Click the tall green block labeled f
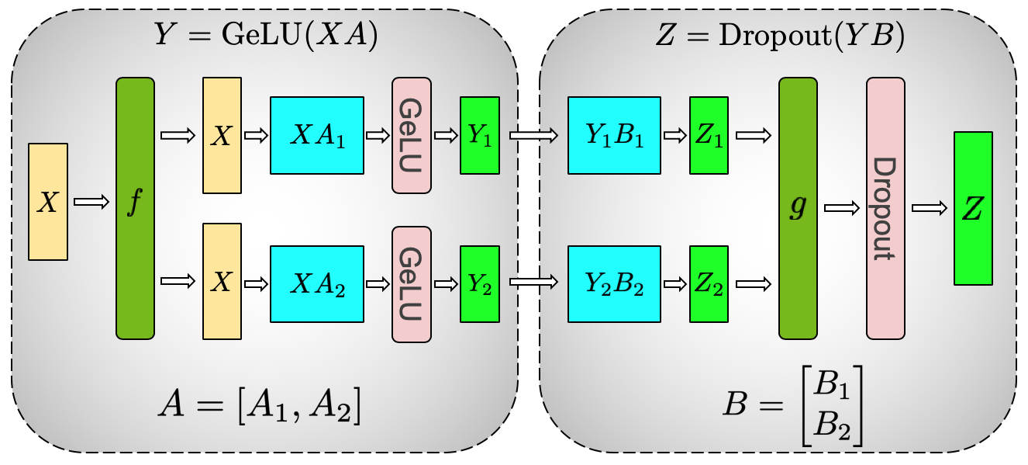pyautogui.click(x=135, y=208)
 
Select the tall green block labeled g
pyautogui.click(x=798, y=208)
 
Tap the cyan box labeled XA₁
pyautogui.click(x=316, y=136)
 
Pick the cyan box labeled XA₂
pyautogui.click(x=316, y=283)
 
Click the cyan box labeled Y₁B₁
pyautogui.click(x=614, y=136)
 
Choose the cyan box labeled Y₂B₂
pyautogui.click(x=614, y=283)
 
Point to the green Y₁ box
pyautogui.click(x=479, y=136)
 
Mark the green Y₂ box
pyautogui.click(x=479, y=283)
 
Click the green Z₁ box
pyautogui.click(x=709, y=136)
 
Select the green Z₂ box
pyautogui.click(x=709, y=283)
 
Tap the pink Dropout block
pyautogui.click(x=885, y=208)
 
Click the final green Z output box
pyautogui.click(x=973, y=208)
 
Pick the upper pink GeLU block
pyautogui.click(x=412, y=136)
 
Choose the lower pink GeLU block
pyautogui.click(x=412, y=283)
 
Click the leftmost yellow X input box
pyautogui.click(x=48, y=202)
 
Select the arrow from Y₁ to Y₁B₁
pyautogui.click(x=533, y=136)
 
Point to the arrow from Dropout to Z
pyautogui.click(x=930, y=208)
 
